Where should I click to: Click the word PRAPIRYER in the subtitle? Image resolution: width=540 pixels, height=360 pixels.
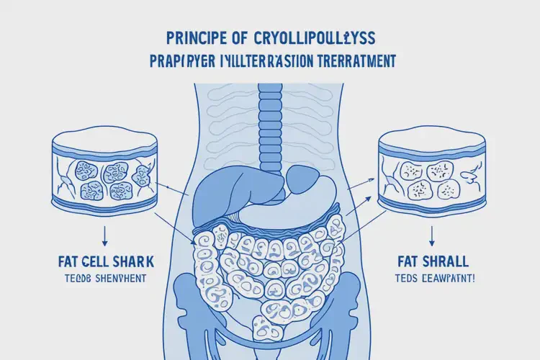[181, 61]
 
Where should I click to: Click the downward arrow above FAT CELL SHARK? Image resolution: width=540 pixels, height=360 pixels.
[105, 233]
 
